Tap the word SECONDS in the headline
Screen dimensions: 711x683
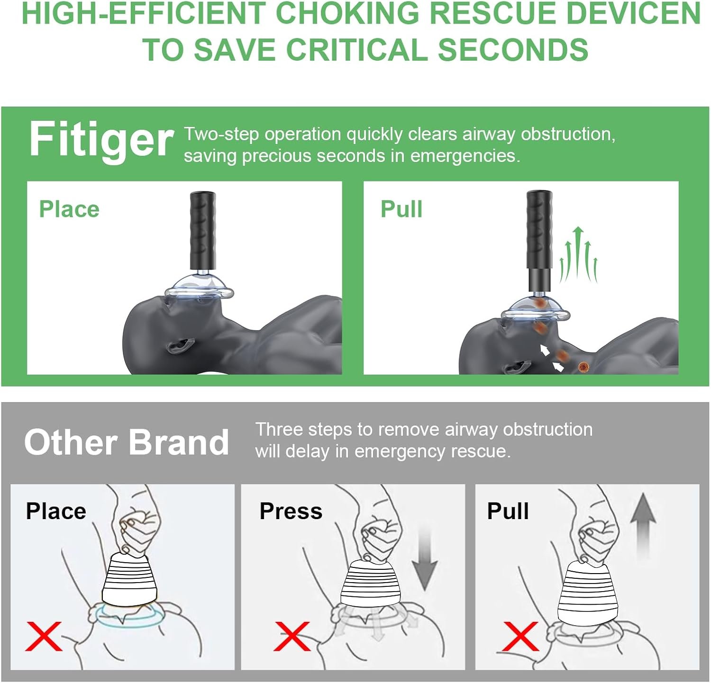[x=513, y=49]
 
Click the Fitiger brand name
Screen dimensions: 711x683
[x=101, y=139]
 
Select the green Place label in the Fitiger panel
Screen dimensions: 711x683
[x=69, y=209]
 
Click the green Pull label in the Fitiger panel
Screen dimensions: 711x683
[x=401, y=209]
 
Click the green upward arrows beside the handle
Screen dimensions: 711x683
[x=578, y=255]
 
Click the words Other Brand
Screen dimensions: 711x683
[x=127, y=442]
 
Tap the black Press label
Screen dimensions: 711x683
[x=291, y=511]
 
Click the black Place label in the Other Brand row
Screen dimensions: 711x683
[x=56, y=511]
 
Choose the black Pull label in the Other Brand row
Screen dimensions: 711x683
[x=508, y=511]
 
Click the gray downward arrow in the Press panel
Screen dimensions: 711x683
[x=424, y=559]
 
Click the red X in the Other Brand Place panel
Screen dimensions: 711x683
[x=44, y=636]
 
